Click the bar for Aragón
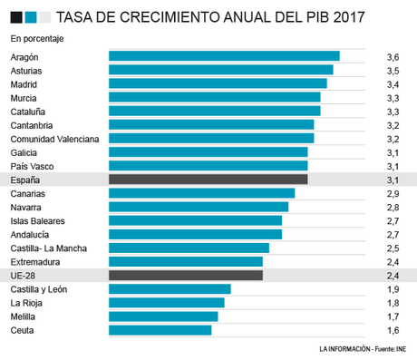click(224, 56)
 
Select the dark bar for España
click(208, 180)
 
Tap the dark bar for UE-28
click(185, 275)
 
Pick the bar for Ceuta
click(160, 330)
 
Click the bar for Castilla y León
click(170, 289)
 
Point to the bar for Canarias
click(201, 193)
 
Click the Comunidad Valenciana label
click(53, 139)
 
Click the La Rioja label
click(26, 303)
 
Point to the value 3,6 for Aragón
click(393, 56)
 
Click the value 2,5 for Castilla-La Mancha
click(393, 248)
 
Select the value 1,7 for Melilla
click(393, 316)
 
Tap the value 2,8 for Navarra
click(393, 207)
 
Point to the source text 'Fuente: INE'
click(388, 349)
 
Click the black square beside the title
click(15, 16)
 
